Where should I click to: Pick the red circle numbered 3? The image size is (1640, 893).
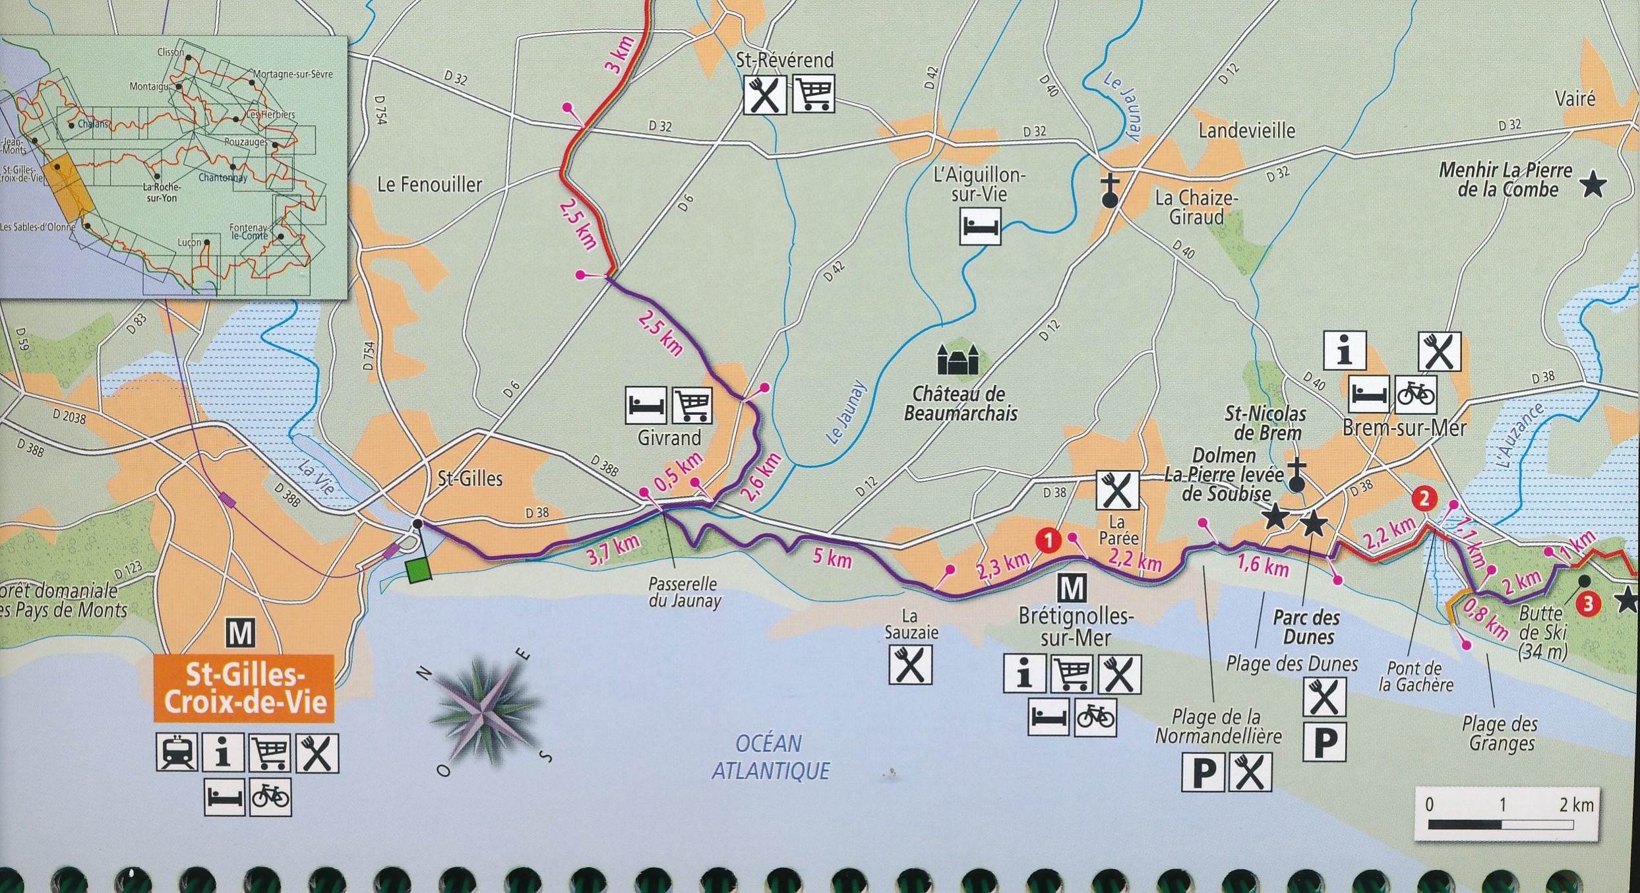click(x=1588, y=603)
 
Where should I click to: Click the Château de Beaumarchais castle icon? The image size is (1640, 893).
click(x=957, y=359)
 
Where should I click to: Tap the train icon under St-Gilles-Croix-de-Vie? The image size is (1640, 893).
click(x=177, y=753)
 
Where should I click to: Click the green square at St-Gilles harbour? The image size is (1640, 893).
click(x=419, y=570)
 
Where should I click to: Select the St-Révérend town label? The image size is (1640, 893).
click(x=785, y=60)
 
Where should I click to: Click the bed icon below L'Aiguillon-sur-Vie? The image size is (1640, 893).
click(x=980, y=226)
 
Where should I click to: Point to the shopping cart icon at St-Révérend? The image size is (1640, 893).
click(x=813, y=95)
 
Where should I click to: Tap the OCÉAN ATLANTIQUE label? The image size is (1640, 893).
click(x=770, y=757)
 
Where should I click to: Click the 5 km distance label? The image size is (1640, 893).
click(x=832, y=559)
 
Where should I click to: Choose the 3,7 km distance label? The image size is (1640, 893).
click(x=613, y=550)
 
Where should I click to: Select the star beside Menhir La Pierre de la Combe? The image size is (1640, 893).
click(x=1593, y=185)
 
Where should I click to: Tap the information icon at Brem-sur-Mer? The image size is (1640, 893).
click(x=1345, y=350)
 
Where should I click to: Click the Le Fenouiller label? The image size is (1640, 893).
click(x=429, y=185)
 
